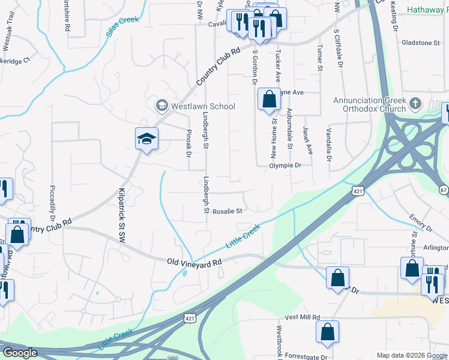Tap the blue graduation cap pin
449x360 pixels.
coord(146,139)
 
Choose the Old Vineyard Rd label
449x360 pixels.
coord(194,262)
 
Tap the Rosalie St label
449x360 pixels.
coord(226,211)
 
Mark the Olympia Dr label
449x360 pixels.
coord(283,164)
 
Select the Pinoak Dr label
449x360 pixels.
coord(188,143)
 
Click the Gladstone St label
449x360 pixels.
coord(422,43)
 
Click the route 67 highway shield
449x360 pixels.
coord(444,190)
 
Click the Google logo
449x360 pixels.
coord(20,353)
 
